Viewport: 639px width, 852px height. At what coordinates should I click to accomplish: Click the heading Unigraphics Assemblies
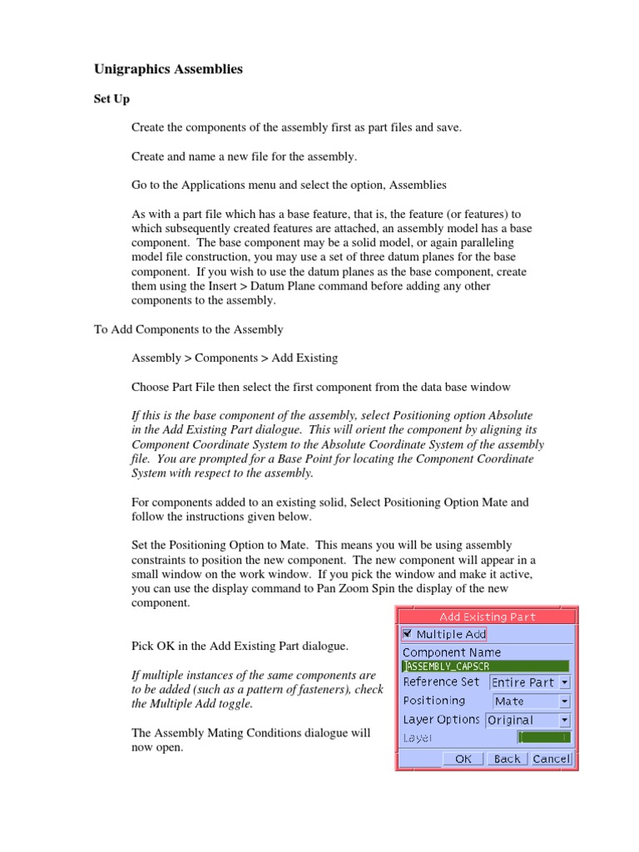(x=167, y=70)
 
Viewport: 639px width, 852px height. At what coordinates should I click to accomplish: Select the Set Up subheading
(x=111, y=99)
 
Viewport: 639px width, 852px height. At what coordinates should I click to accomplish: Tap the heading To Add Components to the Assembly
(x=188, y=329)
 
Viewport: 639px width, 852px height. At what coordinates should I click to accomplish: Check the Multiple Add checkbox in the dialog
(x=407, y=634)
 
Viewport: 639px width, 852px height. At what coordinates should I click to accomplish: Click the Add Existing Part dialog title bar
(x=487, y=617)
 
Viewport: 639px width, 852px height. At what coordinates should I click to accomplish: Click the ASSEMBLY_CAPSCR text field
(x=485, y=666)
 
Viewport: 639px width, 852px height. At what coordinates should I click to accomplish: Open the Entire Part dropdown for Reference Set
(x=530, y=682)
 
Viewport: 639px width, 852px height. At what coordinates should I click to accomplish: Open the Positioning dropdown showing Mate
(x=531, y=701)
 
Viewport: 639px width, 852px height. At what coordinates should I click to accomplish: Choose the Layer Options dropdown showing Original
(x=528, y=721)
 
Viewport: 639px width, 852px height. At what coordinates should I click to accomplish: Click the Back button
(x=506, y=759)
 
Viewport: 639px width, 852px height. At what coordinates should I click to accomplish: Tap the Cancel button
(x=551, y=759)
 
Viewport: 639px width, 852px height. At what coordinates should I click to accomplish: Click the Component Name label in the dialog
(x=451, y=652)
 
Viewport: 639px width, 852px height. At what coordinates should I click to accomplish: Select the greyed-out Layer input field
(x=543, y=738)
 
